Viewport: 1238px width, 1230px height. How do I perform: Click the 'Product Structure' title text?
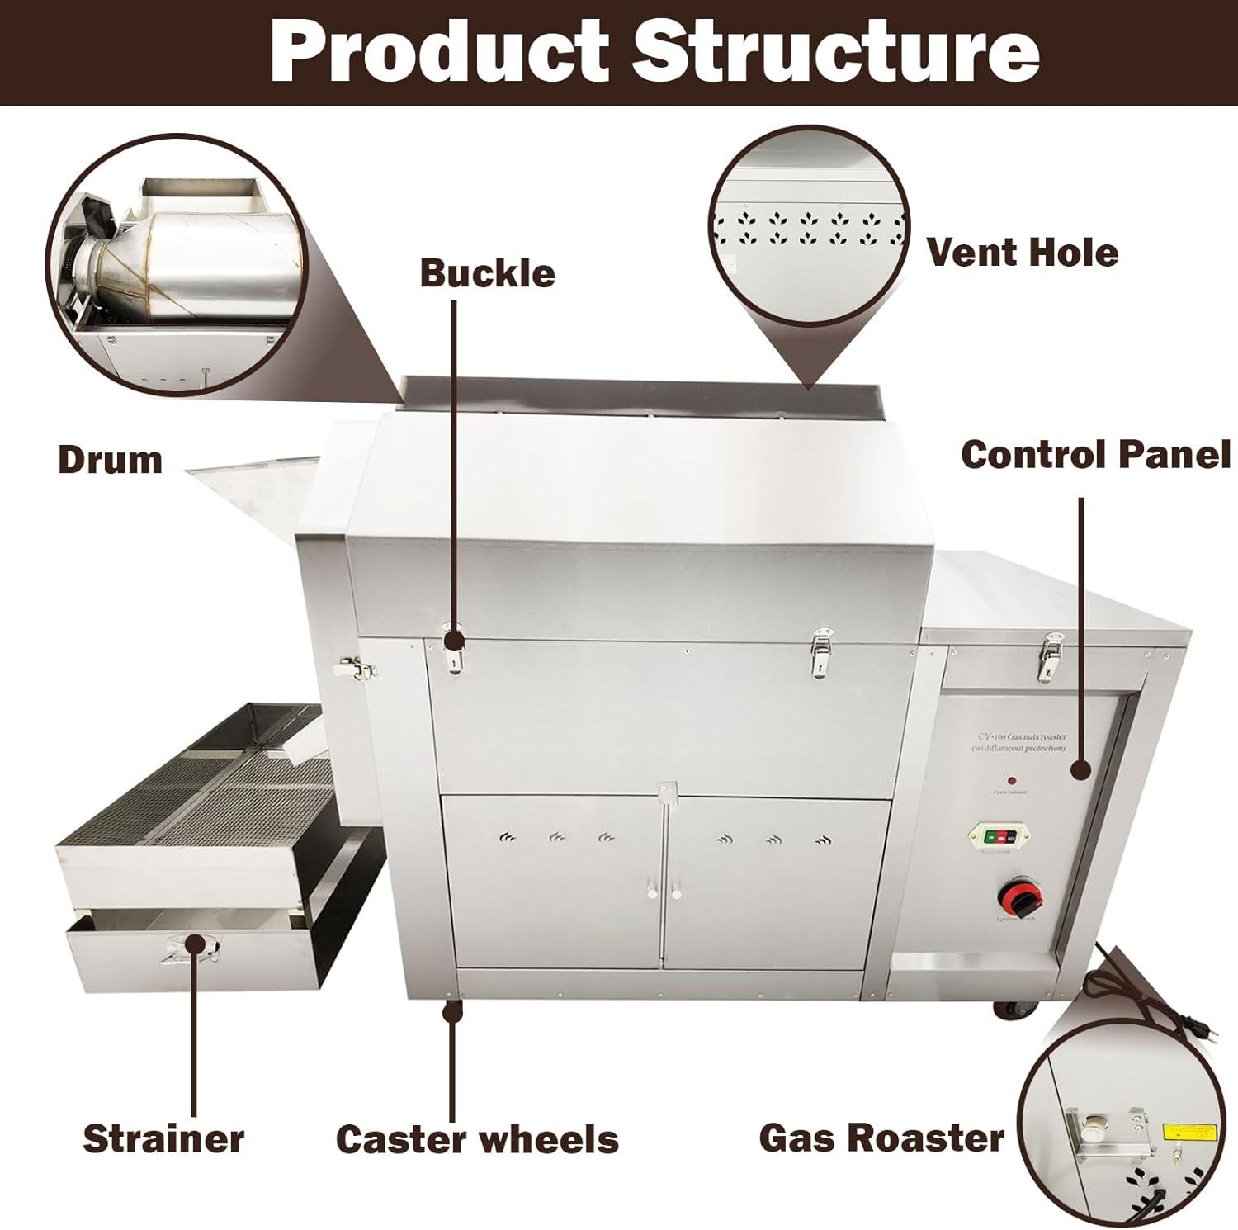coord(654,51)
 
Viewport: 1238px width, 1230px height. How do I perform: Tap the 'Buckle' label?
coord(487,273)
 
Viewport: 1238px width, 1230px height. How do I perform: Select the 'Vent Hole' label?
coord(1022,253)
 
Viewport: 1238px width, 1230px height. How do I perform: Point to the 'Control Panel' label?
coord(1095,455)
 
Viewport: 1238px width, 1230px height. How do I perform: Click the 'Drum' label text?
coord(110,460)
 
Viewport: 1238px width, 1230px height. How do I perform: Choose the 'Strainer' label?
coord(163,1139)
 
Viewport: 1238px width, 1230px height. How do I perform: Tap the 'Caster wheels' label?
coord(477,1140)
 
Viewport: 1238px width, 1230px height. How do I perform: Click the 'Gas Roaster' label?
coord(881,1138)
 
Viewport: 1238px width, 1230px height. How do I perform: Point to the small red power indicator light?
coord(1010,780)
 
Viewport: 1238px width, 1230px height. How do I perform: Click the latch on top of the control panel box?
coord(1051,656)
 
